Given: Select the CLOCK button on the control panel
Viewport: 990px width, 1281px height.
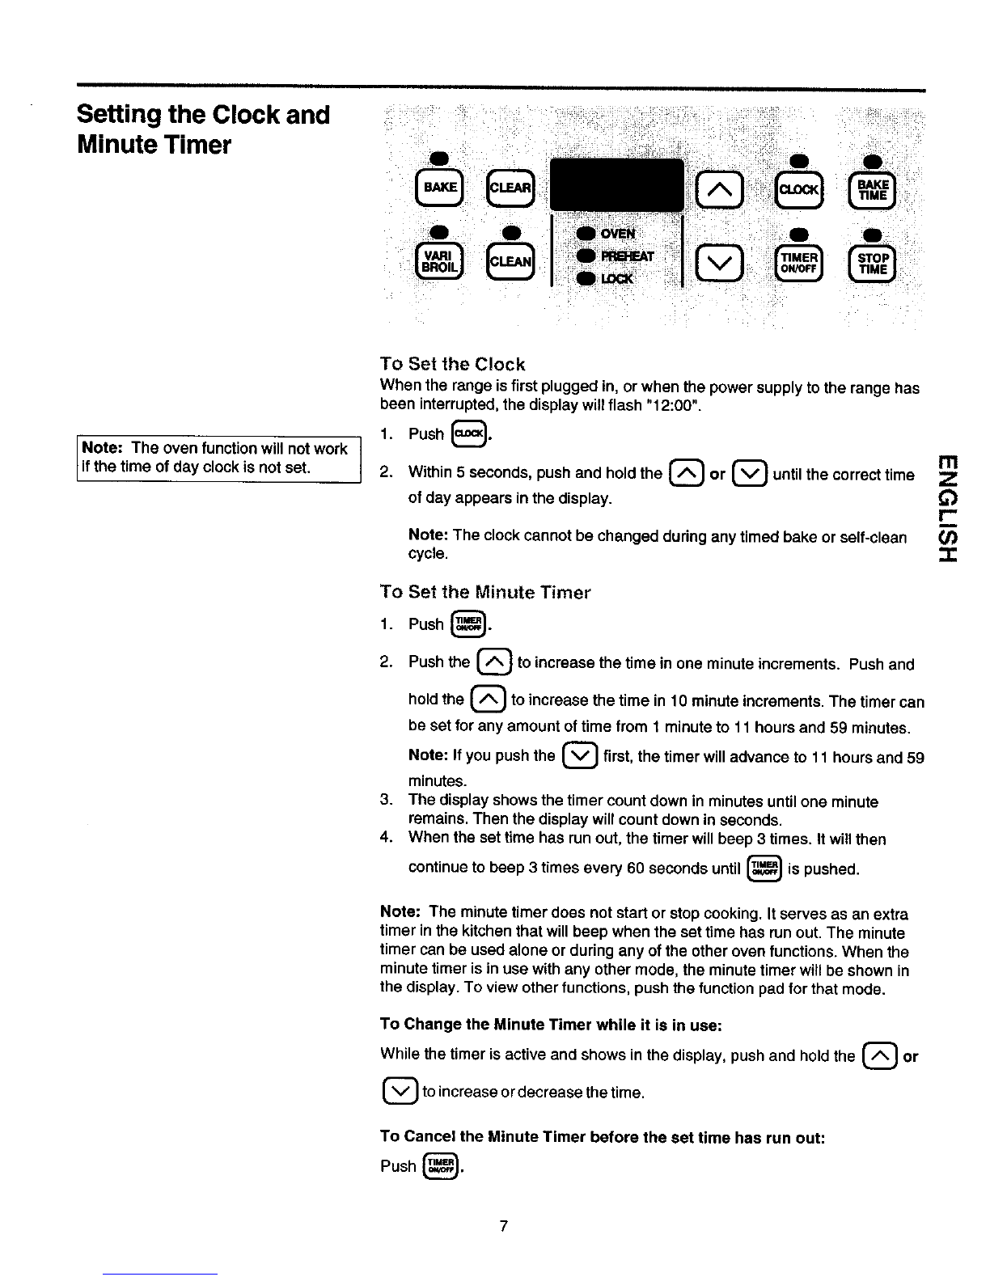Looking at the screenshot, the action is click(797, 188).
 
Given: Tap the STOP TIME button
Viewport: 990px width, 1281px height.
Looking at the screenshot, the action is click(872, 261).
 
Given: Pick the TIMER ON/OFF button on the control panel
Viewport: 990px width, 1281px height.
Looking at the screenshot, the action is click(798, 261).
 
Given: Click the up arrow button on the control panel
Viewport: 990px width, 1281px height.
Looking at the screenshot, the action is click(719, 189).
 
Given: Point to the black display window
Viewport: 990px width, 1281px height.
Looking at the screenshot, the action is click(616, 188).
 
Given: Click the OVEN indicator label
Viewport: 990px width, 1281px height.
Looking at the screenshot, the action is click(617, 234).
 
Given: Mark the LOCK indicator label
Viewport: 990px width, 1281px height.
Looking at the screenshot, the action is click(617, 277).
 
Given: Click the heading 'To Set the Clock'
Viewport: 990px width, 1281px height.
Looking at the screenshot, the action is click(452, 365).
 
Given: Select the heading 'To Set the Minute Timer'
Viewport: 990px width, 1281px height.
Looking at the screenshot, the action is click(485, 592).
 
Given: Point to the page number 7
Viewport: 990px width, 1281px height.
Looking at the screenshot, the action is click(503, 1227).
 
